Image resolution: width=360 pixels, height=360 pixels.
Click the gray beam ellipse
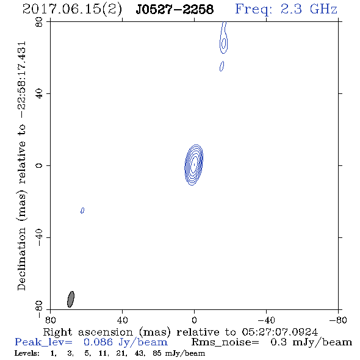[x=71, y=299]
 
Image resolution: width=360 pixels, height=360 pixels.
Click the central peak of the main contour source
[x=194, y=164]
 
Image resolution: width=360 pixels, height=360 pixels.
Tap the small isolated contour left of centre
[x=82, y=211]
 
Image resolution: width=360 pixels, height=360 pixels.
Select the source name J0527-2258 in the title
[x=175, y=10]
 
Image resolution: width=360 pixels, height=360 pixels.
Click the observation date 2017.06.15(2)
[x=72, y=10]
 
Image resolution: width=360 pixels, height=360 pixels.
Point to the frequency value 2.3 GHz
[x=309, y=9]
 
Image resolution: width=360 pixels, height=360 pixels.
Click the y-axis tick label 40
[x=39, y=94]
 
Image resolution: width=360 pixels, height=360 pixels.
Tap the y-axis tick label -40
[x=39, y=237]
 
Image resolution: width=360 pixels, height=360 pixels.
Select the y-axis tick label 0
[x=39, y=165]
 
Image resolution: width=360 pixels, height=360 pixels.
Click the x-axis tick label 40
[x=122, y=320]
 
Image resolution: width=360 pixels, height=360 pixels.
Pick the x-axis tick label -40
[x=266, y=320]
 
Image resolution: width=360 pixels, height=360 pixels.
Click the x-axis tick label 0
[x=194, y=320]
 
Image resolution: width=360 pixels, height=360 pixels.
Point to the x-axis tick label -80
[x=338, y=320]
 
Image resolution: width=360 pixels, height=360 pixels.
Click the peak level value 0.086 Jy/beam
[x=126, y=342]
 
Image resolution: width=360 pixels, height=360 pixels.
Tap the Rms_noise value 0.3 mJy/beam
[x=311, y=342]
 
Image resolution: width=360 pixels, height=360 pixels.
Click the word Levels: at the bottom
[x=27, y=353]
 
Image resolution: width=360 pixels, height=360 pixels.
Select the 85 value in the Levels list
[x=157, y=353]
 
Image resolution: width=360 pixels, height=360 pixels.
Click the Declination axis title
[x=21, y=165]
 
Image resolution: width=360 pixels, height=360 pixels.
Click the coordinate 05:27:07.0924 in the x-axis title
[x=280, y=332]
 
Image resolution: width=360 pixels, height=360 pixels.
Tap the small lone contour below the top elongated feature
[x=221, y=66]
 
